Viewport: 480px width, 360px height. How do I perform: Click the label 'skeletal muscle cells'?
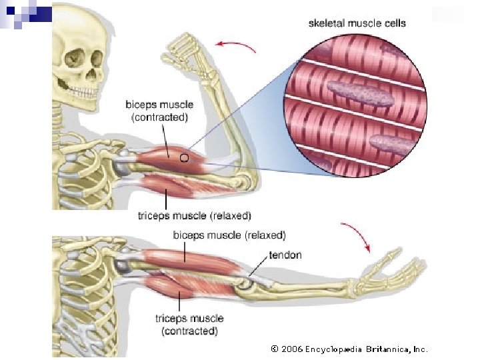[x=357, y=23]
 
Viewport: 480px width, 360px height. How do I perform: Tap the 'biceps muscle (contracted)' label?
[x=159, y=111]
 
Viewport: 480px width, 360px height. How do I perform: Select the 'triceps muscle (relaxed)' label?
[x=194, y=216]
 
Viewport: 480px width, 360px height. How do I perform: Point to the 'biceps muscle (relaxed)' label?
[x=229, y=235]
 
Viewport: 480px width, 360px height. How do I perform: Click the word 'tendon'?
[x=285, y=255]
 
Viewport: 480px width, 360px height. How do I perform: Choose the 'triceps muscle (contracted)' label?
[x=189, y=325]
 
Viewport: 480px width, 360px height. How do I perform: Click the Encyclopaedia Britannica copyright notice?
[x=349, y=349]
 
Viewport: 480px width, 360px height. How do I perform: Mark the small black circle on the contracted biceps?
[x=184, y=158]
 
